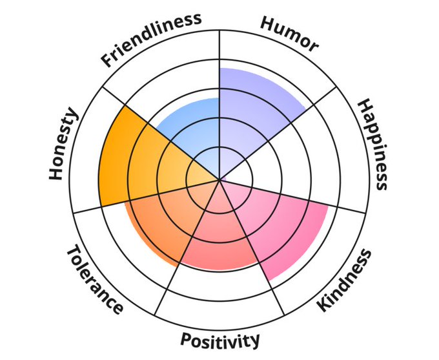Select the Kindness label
(x=345, y=280)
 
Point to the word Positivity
(x=220, y=340)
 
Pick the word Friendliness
(x=150, y=39)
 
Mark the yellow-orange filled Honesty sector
(x=139, y=162)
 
